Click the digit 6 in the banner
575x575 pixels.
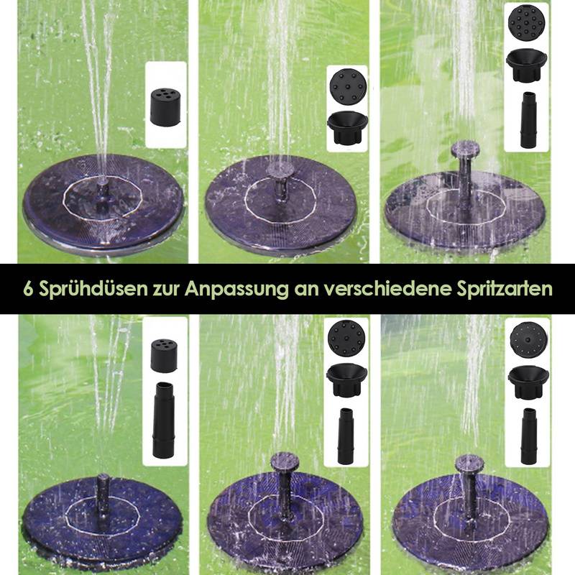tap(27, 289)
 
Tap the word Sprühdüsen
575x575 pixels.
tap(88, 289)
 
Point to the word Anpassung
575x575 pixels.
tap(233, 289)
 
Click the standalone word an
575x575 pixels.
tap(303, 289)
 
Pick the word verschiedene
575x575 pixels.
tap(379, 289)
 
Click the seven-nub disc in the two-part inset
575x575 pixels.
tap(347, 88)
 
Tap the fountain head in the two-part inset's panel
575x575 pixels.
tap(278, 170)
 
